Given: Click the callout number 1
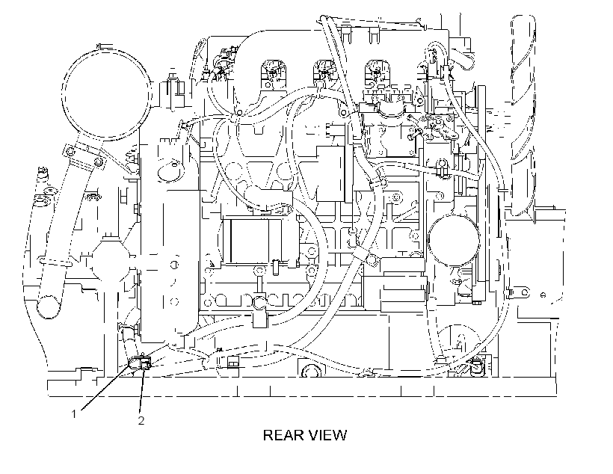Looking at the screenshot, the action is pos(74,413).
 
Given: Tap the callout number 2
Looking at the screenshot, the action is pos(141,421).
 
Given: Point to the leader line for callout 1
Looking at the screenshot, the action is pos(106,387).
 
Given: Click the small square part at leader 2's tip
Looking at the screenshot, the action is pos(146,366).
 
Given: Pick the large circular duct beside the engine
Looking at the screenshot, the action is pos(107,94).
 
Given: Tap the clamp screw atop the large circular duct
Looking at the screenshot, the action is pos(105,47).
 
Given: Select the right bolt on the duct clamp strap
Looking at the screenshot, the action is pos(99,162).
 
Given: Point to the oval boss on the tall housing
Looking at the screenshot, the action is pos(170,171).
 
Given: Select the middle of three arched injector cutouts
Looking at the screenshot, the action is pos(324,74).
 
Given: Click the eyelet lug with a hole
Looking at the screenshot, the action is pos(521,292).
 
